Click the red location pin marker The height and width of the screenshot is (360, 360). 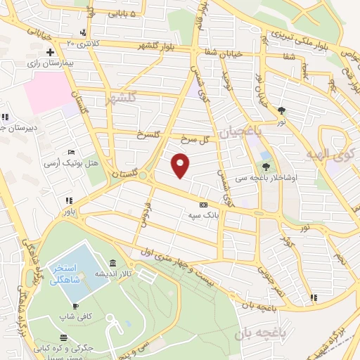(181, 165)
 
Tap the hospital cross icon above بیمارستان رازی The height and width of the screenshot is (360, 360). (50, 53)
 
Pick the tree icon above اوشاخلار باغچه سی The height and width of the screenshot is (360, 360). (266, 167)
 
